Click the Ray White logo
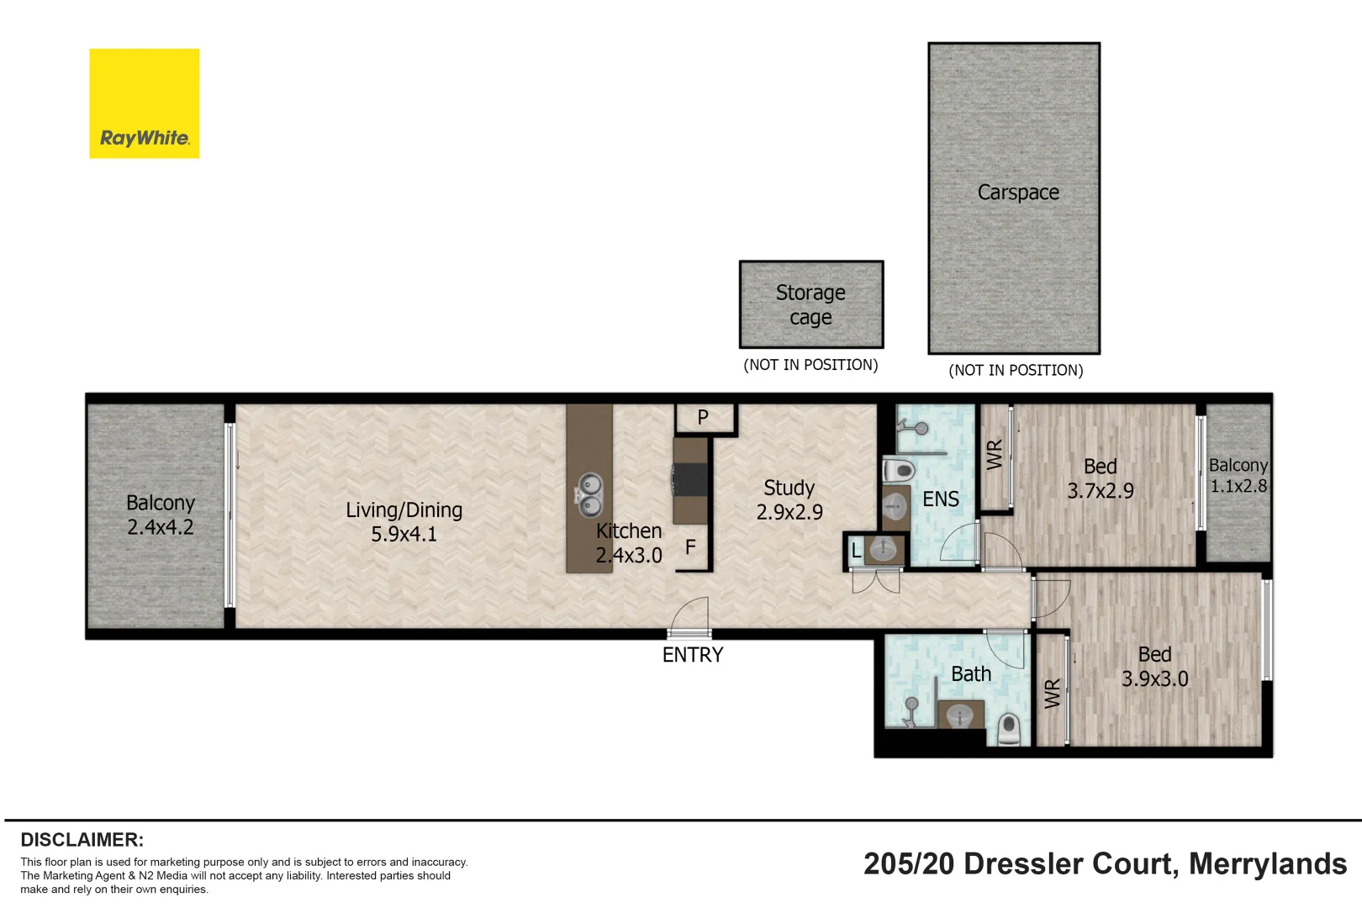click(x=145, y=103)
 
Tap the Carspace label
click(x=1017, y=193)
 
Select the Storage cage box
click(x=810, y=304)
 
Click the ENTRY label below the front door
click(x=692, y=655)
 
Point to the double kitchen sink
click(x=589, y=494)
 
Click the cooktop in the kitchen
click(x=690, y=480)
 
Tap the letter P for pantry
click(x=703, y=417)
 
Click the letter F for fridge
click(x=690, y=547)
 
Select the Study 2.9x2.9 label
click(x=789, y=500)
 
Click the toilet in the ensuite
click(x=898, y=469)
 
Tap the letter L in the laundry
click(x=856, y=552)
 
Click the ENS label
click(x=940, y=499)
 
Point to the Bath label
click(x=970, y=674)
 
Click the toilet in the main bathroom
click(x=1009, y=728)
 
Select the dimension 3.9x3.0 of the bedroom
click(x=1154, y=679)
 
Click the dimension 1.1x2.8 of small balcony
click(x=1238, y=486)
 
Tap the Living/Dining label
click(x=404, y=510)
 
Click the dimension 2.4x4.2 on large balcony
click(x=160, y=527)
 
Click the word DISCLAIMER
click(x=82, y=840)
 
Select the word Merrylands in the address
click(x=1267, y=863)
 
